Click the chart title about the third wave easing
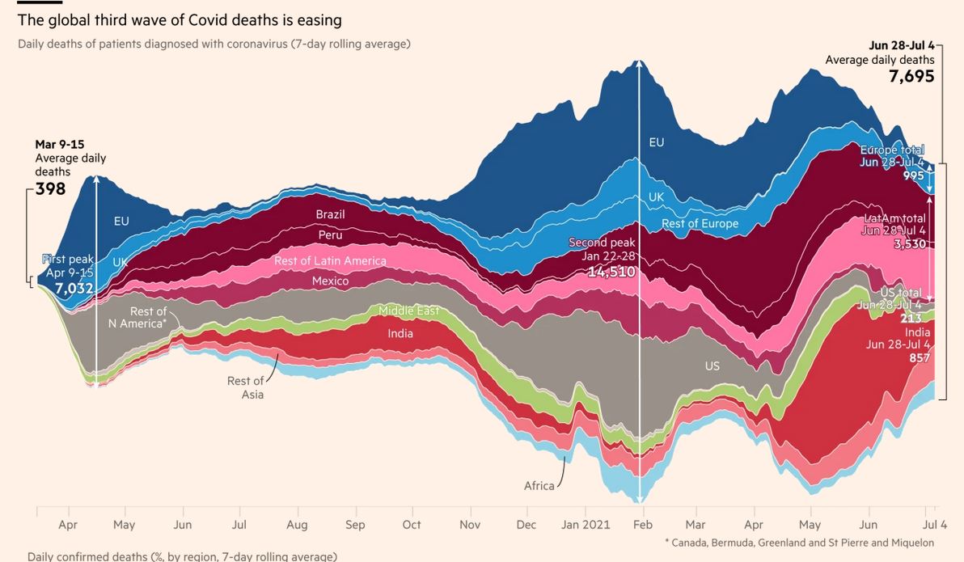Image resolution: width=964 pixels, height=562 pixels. pyautogui.click(x=180, y=20)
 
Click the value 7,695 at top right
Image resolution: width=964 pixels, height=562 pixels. pyautogui.click(x=911, y=77)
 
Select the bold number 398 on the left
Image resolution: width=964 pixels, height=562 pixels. pyautogui.click(x=50, y=189)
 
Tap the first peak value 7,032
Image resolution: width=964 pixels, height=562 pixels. pyautogui.click(x=74, y=288)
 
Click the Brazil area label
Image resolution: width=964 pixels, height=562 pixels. pyautogui.click(x=330, y=214)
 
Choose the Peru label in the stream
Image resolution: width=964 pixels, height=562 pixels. pyautogui.click(x=330, y=235)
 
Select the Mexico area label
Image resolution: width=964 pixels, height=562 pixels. pyautogui.click(x=330, y=281)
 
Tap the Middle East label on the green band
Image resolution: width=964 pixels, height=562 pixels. pyautogui.click(x=408, y=311)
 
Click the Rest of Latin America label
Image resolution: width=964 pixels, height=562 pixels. pyautogui.click(x=330, y=260)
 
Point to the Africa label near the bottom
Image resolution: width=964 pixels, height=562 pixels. pyautogui.click(x=539, y=486)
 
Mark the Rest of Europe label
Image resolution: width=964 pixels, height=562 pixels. pyautogui.click(x=700, y=223)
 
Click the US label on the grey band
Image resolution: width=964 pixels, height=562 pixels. pyautogui.click(x=712, y=366)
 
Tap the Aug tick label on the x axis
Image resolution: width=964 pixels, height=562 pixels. pyautogui.click(x=298, y=525)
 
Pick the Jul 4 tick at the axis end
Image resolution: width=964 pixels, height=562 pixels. pyautogui.click(x=935, y=525)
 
